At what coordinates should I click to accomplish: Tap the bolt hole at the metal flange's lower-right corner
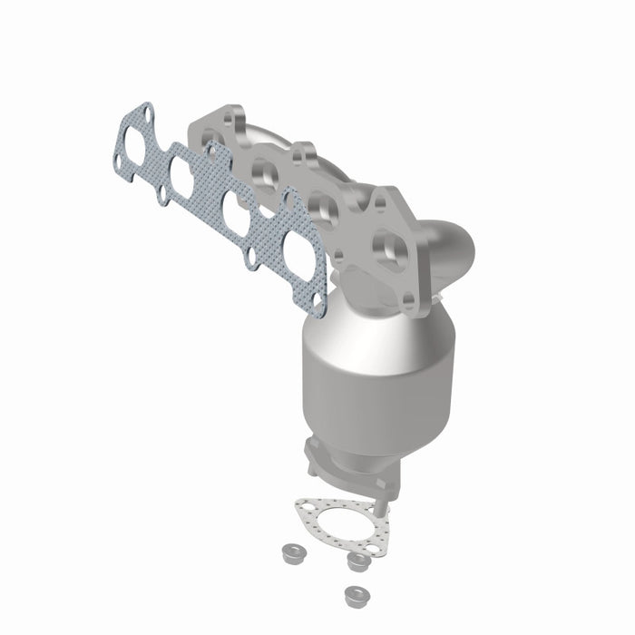point(408,300)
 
